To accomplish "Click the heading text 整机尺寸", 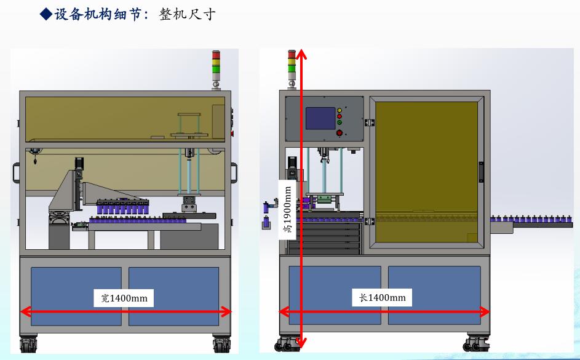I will click(x=187, y=14).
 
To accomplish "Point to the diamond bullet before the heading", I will click(x=46, y=14).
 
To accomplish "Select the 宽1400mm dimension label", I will click(x=124, y=298).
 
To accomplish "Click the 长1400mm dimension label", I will click(x=382, y=298).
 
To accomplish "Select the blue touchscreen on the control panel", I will click(x=320, y=118).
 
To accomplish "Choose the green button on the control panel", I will click(x=339, y=122).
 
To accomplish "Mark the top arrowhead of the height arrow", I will click(x=301, y=54).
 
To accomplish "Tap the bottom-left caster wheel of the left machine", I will click(x=27, y=345).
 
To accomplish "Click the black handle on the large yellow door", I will click(x=481, y=172).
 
